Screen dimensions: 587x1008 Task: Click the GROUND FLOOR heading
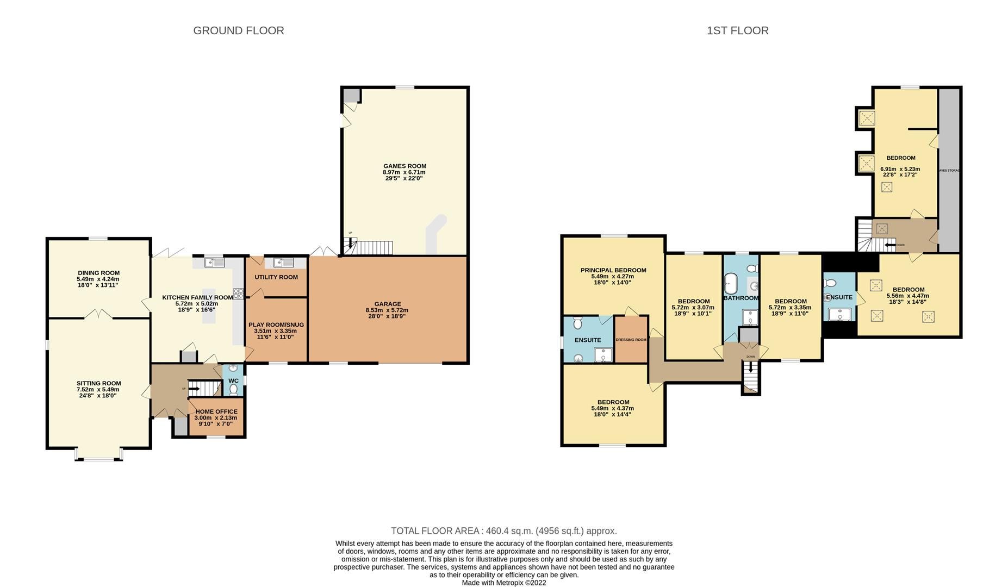[239, 30]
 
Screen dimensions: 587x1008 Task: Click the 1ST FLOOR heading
[737, 30]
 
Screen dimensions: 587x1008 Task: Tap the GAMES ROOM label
[405, 166]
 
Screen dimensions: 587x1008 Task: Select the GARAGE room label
[387, 304]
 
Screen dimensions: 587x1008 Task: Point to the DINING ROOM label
[98, 273]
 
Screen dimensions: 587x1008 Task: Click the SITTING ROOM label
[98, 384]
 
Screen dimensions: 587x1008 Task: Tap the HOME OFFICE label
[216, 411]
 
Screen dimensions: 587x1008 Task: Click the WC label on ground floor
[233, 380]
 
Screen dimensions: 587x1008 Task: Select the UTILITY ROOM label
[276, 277]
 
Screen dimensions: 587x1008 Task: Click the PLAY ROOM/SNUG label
[276, 325]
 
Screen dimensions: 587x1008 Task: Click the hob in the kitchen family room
[238, 294]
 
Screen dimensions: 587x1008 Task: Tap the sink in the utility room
[283, 263]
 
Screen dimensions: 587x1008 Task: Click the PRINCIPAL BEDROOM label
[613, 270]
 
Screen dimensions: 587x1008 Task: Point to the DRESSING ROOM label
[631, 340]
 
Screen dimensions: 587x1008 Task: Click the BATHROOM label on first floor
[741, 298]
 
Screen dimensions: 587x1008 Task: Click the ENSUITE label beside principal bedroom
[588, 340]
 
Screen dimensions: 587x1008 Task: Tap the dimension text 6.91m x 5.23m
[900, 169]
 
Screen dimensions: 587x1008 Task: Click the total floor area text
[503, 531]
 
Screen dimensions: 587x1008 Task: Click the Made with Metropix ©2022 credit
[503, 583]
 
